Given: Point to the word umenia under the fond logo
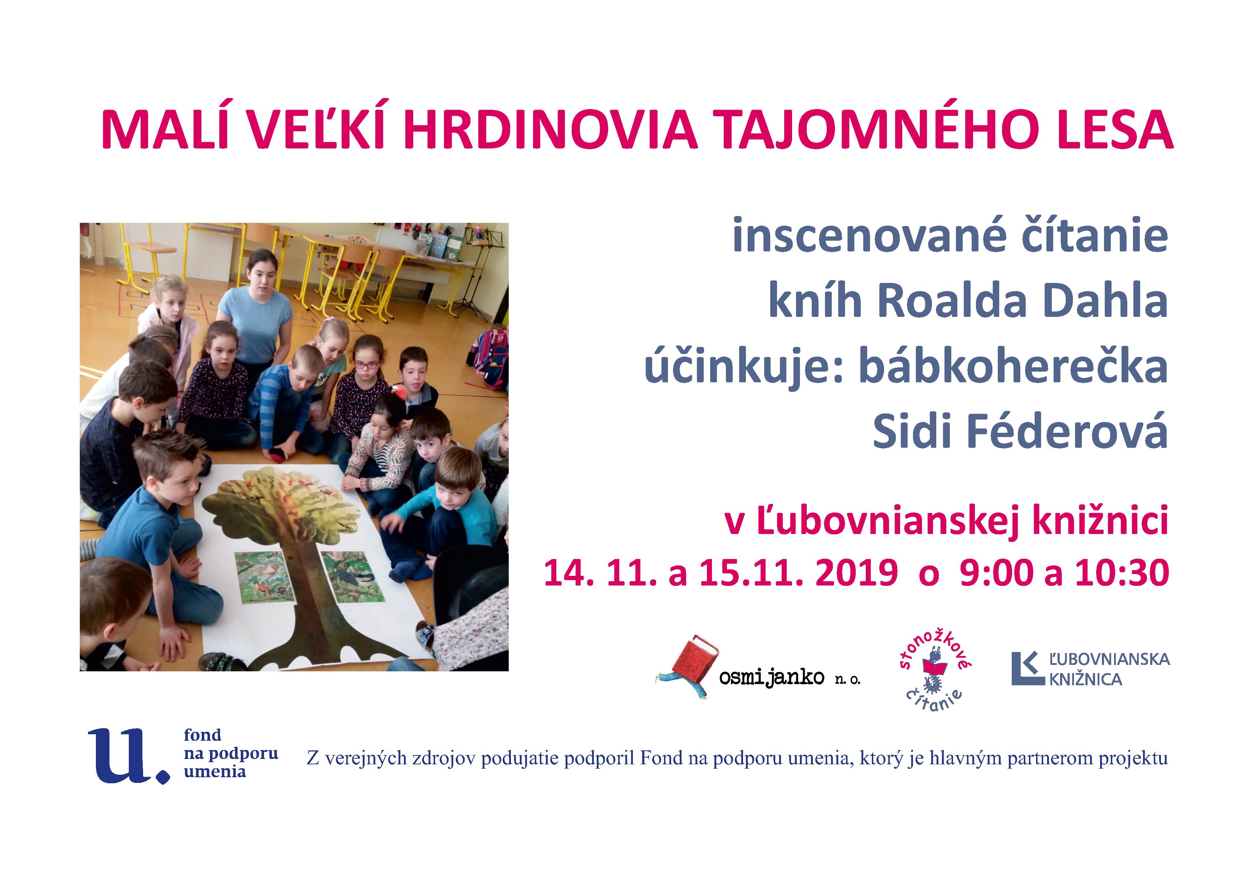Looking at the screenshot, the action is coord(215,772).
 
